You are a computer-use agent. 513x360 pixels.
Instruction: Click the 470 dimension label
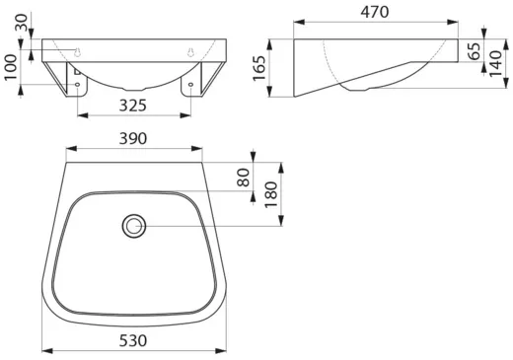[375, 13]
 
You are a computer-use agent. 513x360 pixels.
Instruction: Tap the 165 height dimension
[259, 68]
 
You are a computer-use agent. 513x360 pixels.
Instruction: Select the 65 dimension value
[474, 51]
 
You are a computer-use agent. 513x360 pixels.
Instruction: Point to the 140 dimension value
[496, 64]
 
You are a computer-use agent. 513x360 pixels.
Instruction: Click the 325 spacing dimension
[133, 106]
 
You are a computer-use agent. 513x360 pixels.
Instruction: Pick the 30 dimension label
[22, 23]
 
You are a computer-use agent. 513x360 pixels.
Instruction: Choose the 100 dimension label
[11, 67]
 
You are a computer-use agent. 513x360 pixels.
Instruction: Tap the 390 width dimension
[133, 138]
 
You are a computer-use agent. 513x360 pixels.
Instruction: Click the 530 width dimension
[133, 340]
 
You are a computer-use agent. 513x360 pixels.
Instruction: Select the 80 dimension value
[244, 178]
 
